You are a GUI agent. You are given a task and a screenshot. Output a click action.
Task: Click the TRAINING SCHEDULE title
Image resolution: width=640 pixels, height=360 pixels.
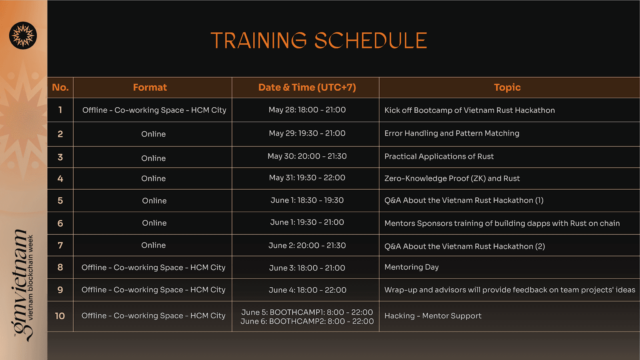(319, 40)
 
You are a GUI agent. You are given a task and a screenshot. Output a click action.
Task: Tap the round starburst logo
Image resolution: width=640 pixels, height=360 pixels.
(23, 36)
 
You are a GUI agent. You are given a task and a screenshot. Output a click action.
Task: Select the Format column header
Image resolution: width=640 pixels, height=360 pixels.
(150, 87)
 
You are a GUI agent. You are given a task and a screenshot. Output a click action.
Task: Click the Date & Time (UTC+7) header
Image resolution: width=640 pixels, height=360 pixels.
(307, 87)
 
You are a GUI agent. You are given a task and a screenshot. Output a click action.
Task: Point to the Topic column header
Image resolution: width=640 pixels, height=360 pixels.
(508, 87)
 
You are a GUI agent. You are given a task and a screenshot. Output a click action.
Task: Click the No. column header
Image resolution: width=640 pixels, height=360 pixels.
(60, 87)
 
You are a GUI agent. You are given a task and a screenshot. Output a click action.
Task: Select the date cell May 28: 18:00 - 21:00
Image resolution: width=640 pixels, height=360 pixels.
(307, 110)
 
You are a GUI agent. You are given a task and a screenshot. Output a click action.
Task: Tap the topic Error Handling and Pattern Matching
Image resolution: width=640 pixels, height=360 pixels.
(452, 134)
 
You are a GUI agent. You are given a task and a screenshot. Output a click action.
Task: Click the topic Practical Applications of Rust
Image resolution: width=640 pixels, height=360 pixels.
(439, 156)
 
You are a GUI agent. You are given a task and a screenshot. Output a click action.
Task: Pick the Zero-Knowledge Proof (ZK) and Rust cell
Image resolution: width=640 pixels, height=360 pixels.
(452, 178)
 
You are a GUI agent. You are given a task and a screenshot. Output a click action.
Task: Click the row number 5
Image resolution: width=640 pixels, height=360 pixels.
(60, 200)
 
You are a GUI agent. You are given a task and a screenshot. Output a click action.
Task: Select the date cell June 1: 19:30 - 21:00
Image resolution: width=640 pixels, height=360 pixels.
(307, 222)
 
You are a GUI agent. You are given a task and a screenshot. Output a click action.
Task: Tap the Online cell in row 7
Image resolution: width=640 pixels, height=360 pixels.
(154, 245)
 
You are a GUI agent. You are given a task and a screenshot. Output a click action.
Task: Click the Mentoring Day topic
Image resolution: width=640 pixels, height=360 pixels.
(412, 267)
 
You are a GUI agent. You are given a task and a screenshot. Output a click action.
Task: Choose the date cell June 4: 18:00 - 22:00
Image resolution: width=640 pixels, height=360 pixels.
(308, 290)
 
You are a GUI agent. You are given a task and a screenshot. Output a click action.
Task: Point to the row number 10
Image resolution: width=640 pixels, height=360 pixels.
(60, 316)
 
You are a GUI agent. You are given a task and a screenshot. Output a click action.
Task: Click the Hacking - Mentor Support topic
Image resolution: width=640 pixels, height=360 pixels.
(433, 316)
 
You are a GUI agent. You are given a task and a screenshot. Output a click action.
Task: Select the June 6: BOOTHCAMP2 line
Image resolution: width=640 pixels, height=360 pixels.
(307, 322)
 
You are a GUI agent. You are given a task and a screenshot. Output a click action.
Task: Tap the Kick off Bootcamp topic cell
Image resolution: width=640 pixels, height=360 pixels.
(470, 110)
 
